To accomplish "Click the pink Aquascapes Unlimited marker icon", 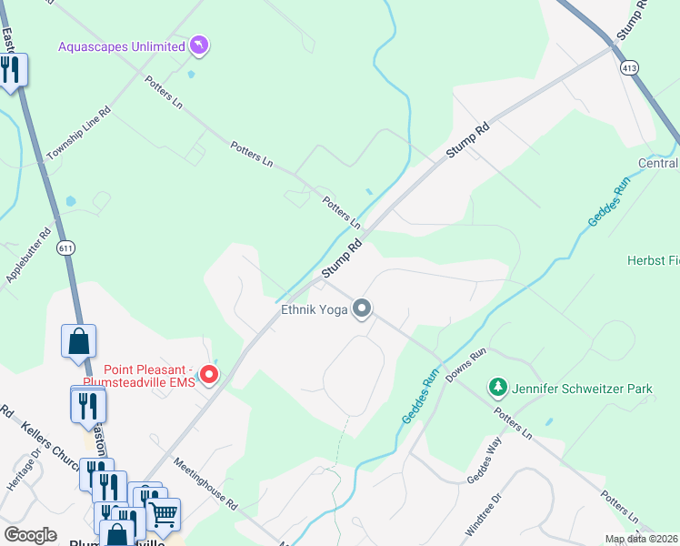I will (x=199, y=45).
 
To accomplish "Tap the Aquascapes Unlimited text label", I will (x=120, y=45).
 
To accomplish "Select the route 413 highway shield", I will (x=629, y=68).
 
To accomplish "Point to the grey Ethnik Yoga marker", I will (x=362, y=310).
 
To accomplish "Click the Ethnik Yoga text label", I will (x=315, y=311).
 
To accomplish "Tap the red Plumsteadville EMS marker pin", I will (x=209, y=374).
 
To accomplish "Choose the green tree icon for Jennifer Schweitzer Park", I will (x=496, y=389).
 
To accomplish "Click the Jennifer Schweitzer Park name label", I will (x=582, y=389).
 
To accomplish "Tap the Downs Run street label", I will (x=465, y=364).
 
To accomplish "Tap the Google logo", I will (x=31, y=535).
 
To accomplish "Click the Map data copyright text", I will (x=641, y=539).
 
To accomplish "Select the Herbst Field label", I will (x=653, y=260).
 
